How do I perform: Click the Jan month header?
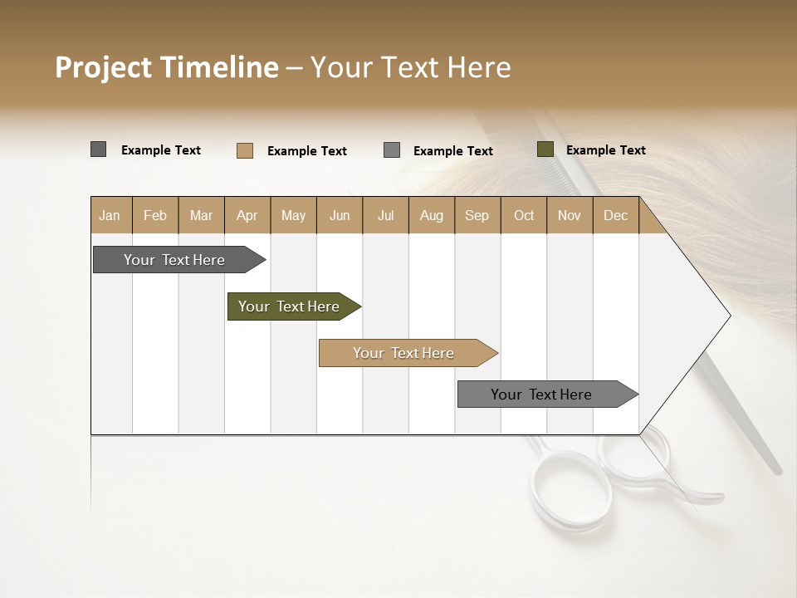pos(110,215)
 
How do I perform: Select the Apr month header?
pos(247,215)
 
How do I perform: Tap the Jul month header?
pos(385,215)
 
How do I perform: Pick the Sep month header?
pos(477,215)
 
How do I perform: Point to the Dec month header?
pos(615,215)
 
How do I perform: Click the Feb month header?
pos(155,215)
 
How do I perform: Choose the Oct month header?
pos(524,215)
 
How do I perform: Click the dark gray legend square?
pos(99,149)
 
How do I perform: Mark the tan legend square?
pos(245,150)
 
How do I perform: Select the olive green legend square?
pos(545,149)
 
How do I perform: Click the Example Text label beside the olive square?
pos(605,150)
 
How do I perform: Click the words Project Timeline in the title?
pos(166,67)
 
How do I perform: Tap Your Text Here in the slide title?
pos(410,67)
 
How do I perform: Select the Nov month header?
pos(570,215)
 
